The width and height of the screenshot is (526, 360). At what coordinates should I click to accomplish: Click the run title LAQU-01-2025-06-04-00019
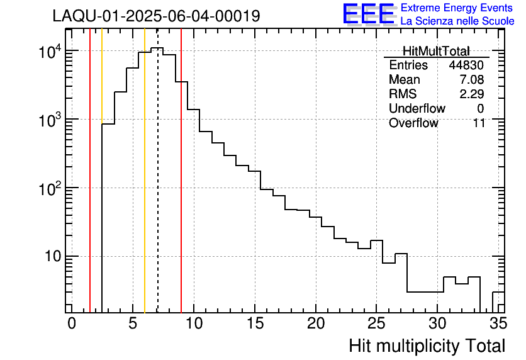tap(156, 16)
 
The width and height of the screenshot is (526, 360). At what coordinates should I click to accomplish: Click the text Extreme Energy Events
tap(457, 8)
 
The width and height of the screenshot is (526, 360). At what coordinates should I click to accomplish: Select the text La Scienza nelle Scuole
tap(457, 21)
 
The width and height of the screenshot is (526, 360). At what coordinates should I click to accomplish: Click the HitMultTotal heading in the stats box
tap(436, 51)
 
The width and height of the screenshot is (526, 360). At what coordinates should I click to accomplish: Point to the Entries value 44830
tap(467, 65)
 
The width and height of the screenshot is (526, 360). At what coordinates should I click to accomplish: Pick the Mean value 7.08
tap(472, 80)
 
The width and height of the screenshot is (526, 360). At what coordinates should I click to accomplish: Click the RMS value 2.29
tap(472, 94)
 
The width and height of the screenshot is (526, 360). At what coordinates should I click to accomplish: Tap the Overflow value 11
tap(479, 123)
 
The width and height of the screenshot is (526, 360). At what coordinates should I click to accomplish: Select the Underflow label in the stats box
tap(417, 109)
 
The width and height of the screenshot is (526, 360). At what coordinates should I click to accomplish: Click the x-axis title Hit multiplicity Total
tap(427, 346)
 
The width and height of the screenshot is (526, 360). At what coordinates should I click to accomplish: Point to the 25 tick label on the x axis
tap(376, 323)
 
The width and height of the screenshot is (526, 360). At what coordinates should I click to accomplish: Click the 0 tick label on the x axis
tap(72, 323)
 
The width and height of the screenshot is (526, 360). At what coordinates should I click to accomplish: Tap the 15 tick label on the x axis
tap(254, 323)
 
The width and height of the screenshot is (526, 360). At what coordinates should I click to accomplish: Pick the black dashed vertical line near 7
tap(157, 189)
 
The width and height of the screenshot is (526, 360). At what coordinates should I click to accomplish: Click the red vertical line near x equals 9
tap(181, 189)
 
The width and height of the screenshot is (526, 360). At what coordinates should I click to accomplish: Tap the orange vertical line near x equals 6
tap(145, 189)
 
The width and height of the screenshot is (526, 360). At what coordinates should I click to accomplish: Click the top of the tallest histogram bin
tap(157, 48)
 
